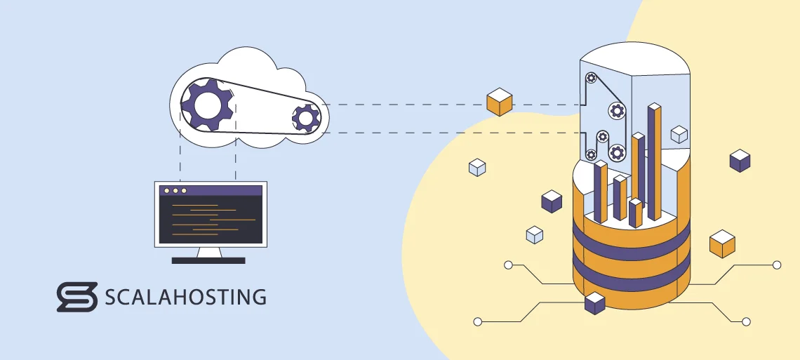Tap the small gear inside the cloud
[306, 117]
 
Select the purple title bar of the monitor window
[211, 190]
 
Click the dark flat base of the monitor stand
[208, 260]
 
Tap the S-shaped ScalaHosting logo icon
[76, 297]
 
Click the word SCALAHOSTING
[185, 297]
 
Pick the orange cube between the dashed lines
[499, 102]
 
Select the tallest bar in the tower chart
[654, 161]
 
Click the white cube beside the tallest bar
[679, 134]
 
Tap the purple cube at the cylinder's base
[594, 303]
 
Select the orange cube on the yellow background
[722, 244]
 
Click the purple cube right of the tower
[740, 161]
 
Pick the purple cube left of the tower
[552, 201]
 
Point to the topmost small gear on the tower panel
[592, 78]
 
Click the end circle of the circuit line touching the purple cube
[478, 322]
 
